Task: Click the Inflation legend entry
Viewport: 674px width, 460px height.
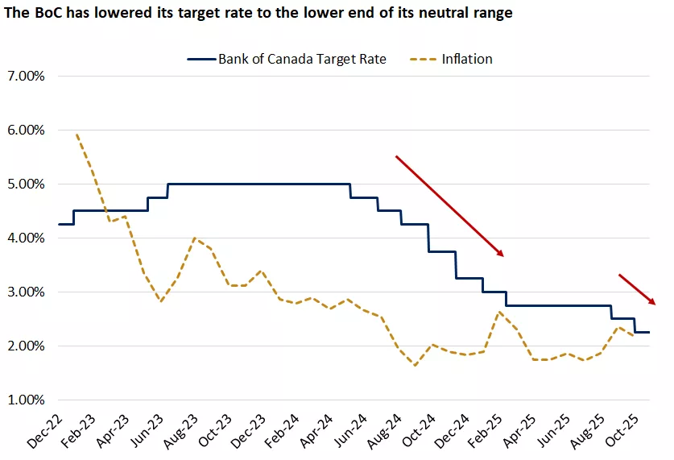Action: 466,59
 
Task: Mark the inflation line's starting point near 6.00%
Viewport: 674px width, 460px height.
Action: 76,135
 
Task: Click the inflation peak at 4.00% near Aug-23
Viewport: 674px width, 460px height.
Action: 194,238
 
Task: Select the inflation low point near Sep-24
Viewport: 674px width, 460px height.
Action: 415,366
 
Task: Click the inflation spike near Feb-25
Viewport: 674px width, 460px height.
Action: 499,312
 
